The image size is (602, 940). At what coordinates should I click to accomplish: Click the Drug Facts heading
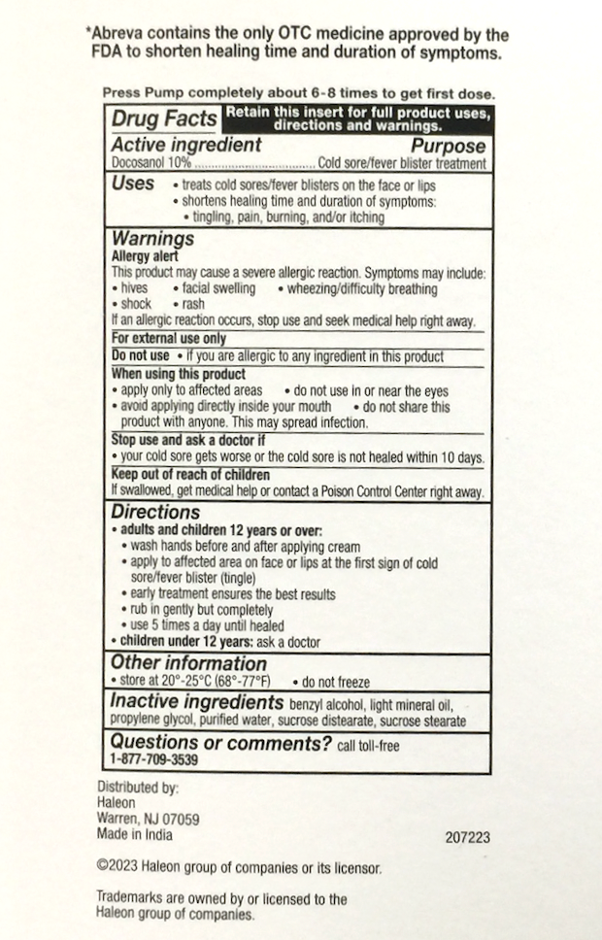tap(164, 119)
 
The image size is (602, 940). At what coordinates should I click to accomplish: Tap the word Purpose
tap(448, 146)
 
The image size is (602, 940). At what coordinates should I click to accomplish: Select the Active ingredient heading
tap(186, 145)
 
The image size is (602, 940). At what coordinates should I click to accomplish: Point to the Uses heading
tap(133, 183)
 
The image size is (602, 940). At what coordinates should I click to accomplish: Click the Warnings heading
tap(152, 238)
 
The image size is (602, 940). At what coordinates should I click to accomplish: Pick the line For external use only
tap(168, 339)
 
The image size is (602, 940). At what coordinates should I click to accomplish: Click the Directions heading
tap(155, 512)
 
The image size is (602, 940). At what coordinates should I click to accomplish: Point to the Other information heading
tap(188, 663)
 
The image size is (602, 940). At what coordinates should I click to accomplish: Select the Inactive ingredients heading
tap(196, 701)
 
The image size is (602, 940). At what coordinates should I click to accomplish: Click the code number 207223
tap(466, 836)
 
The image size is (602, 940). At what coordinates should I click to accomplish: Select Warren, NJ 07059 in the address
tap(149, 819)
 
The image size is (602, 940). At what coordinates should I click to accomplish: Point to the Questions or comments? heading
tap(221, 744)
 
